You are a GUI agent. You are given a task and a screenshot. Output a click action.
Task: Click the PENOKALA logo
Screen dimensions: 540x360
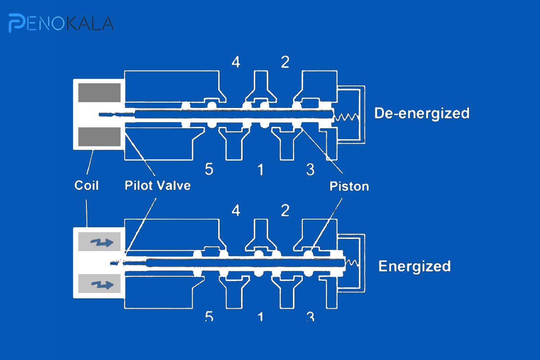click(61, 23)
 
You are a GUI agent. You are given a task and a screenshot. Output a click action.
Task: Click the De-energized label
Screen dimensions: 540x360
click(422, 113)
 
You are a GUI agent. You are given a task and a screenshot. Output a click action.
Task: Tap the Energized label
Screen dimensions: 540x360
click(414, 266)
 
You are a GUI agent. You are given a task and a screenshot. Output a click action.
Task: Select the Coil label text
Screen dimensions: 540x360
click(86, 185)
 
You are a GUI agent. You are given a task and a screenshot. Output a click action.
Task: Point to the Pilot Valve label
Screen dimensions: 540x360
click(157, 185)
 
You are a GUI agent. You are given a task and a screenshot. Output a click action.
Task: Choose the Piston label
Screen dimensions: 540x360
click(349, 186)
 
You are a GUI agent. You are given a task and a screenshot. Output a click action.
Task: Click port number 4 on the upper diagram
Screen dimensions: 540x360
click(236, 62)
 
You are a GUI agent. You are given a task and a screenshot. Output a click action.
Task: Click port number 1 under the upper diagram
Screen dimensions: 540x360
click(261, 169)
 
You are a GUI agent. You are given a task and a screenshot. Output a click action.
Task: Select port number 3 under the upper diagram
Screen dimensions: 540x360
click(310, 169)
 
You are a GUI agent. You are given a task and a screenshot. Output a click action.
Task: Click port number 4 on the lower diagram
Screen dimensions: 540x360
click(236, 211)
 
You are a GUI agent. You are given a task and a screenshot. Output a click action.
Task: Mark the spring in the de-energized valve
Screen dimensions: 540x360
click(346, 117)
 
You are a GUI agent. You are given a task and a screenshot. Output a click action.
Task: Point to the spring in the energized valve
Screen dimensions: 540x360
click(352, 263)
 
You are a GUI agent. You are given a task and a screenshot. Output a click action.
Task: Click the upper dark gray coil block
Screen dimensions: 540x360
click(99, 93)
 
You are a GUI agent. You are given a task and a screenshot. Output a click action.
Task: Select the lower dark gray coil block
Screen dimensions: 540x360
click(99, 137)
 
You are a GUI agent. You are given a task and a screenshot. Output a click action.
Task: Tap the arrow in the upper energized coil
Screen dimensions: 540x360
click(102, 242)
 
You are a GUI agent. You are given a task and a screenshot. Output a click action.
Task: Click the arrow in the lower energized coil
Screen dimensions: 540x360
click(102, 284)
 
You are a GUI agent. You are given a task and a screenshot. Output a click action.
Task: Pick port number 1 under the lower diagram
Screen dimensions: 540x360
click(261, 317)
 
